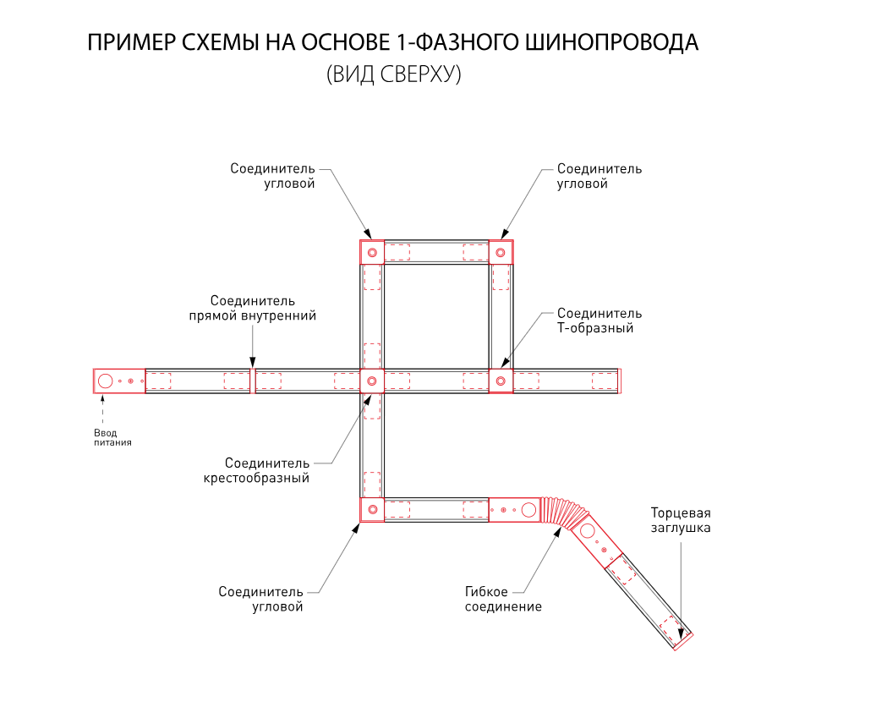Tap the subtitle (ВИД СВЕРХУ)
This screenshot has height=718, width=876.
393,74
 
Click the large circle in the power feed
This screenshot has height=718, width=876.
106,381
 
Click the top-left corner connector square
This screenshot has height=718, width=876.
372,252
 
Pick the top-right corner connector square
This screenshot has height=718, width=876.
501,252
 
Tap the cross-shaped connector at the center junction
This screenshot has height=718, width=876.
372,381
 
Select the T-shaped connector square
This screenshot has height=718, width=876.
501,381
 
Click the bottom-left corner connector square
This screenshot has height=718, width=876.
372,509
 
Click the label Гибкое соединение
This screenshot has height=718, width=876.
503,599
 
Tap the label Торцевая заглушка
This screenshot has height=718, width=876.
681,520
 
